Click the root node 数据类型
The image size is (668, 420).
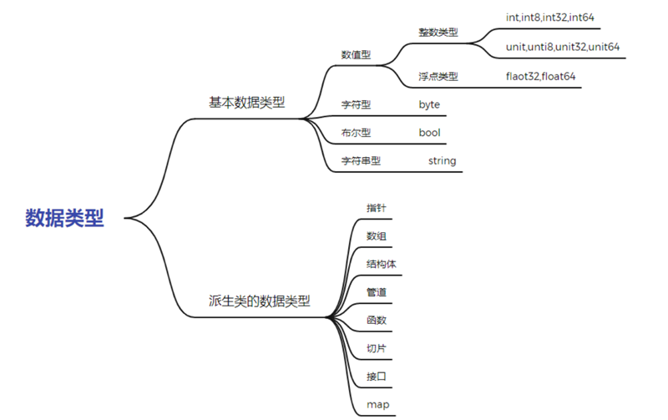pos(64,218)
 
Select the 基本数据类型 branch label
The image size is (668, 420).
pos(246,103)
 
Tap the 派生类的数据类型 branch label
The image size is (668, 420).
pos(259,301)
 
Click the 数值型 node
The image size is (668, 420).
pos(356,55)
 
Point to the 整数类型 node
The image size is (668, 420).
pos(438,32)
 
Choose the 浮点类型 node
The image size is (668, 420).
pos(438,77)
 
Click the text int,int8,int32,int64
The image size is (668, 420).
pos(549,17)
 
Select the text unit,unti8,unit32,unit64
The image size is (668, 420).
pos(563,47)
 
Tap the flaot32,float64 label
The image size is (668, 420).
pos(540,77)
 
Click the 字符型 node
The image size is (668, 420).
pos(356,105)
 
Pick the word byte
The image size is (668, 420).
pos(429,105)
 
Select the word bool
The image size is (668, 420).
pos(429,133)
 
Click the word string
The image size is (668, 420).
pos(442,161)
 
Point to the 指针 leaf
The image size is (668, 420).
pos(377,208)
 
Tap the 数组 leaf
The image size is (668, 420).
pos(377,236)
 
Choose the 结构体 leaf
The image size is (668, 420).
pos(381,264)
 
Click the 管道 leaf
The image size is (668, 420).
pos(377,292)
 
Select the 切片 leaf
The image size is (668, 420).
pos(377,348)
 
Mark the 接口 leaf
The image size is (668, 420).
pos(377,377)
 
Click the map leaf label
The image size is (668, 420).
pos(377,405)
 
